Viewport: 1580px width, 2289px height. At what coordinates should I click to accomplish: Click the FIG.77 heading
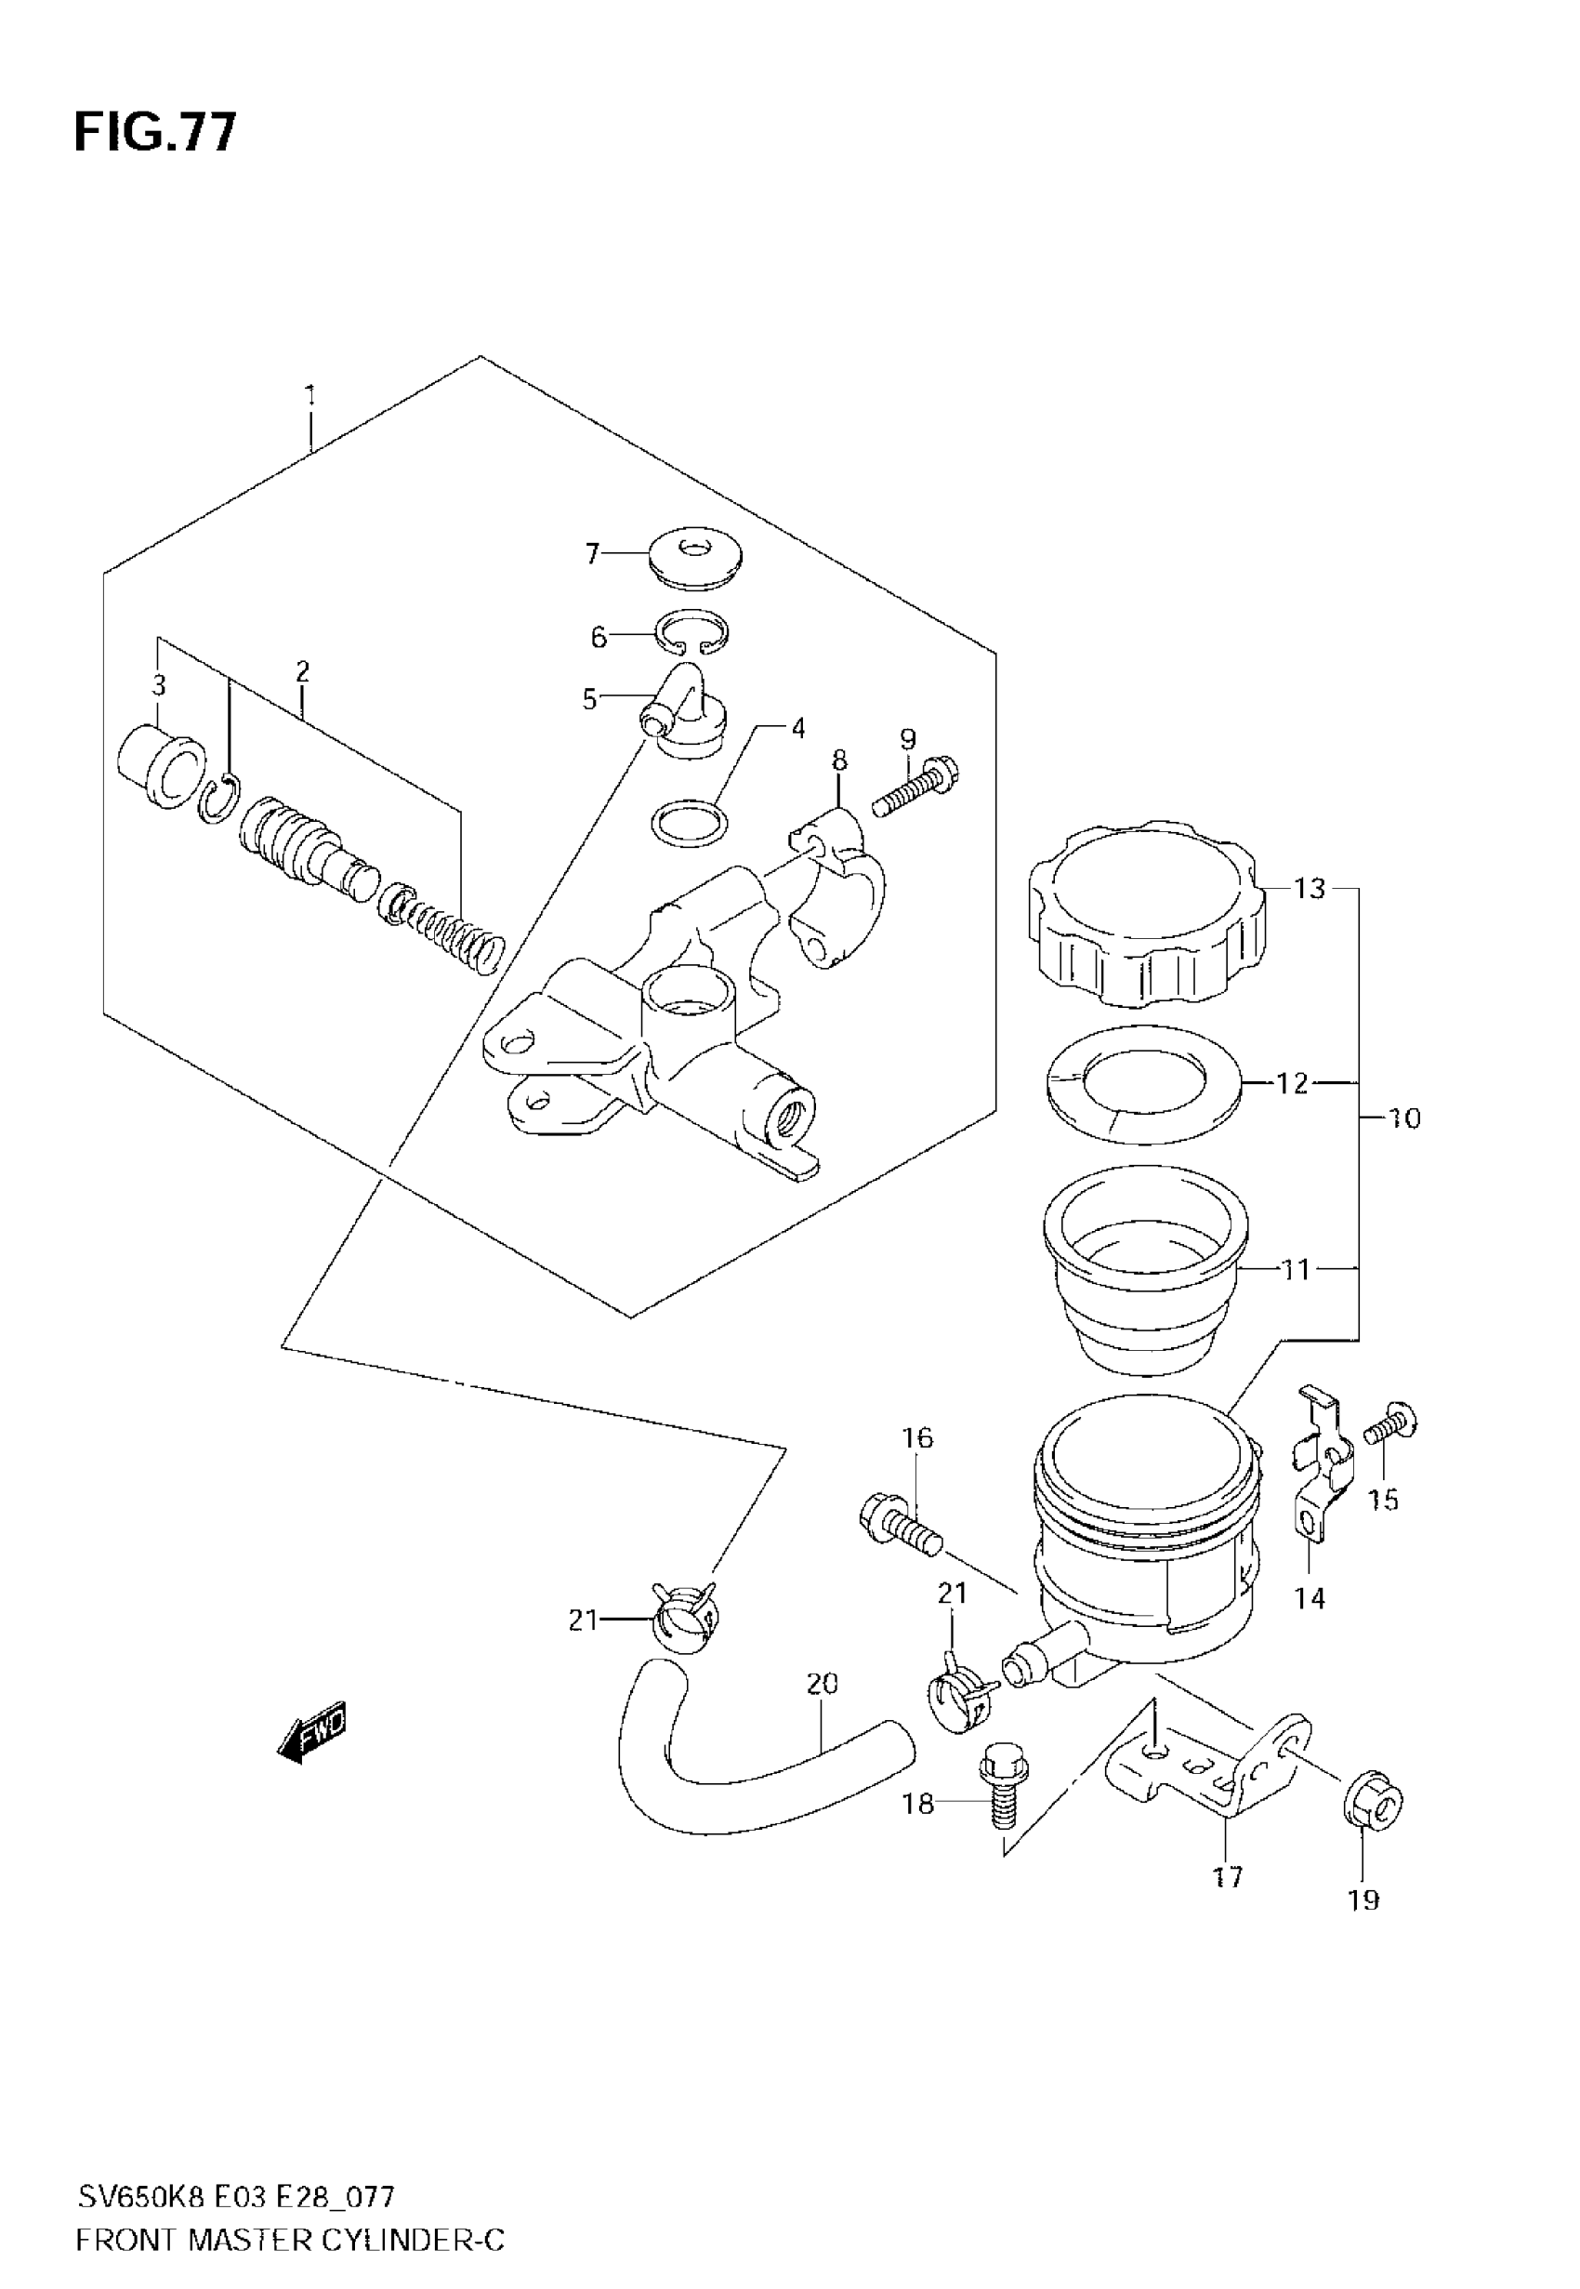[155, 133]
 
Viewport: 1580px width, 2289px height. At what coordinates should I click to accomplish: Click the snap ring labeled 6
[693, 631]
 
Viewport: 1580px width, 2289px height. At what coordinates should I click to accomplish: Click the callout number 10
[1403, 1118]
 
